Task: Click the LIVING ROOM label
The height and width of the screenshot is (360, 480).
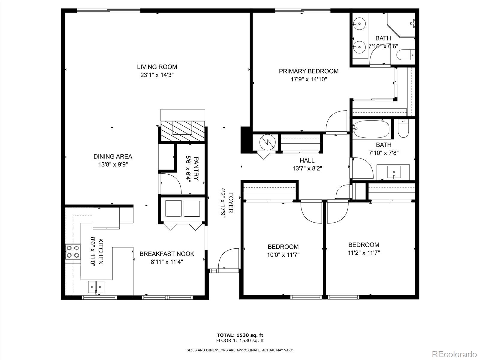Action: [157, 67]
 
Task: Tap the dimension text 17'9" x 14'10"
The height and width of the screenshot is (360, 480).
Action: [308, 79]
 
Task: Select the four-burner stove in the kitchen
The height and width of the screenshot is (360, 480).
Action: [73, 251]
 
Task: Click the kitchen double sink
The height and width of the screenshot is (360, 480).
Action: [96, 287]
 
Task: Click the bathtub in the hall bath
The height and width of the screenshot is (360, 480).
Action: [371, 129]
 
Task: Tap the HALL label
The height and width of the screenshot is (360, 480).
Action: [307, 160]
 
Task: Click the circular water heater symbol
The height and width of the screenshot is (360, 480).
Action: [267, 142]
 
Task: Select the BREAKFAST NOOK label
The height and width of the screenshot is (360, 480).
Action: [167, 254]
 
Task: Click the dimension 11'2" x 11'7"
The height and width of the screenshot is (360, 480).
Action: [364, 253]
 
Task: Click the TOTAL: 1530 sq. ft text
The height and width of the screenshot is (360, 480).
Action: [240, 335]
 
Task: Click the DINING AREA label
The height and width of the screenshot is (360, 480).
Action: [113, 156]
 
